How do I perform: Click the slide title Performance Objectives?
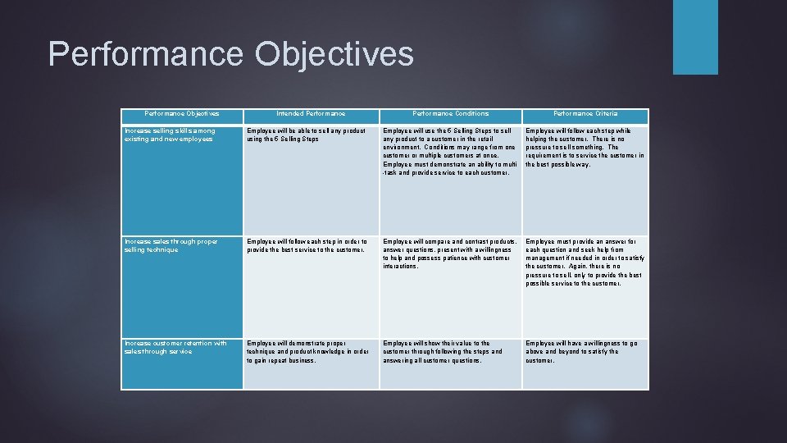(230, 54)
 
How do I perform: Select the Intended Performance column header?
(311, 113)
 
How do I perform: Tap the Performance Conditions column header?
(450, 113)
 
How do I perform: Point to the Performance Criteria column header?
(585, 113)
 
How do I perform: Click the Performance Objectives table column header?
(182, 113)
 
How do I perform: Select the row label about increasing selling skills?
(170, 135)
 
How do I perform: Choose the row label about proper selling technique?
(171, 245)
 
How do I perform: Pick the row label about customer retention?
(175, 347)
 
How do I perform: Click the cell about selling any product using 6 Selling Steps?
(306, 135)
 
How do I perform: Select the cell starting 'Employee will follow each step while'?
(585, 148)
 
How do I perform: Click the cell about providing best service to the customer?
(307, 245)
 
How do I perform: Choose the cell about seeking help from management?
(585, 263)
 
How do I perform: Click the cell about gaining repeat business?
(307, 351)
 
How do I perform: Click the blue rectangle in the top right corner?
(695, 37)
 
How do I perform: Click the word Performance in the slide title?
(146, 54)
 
